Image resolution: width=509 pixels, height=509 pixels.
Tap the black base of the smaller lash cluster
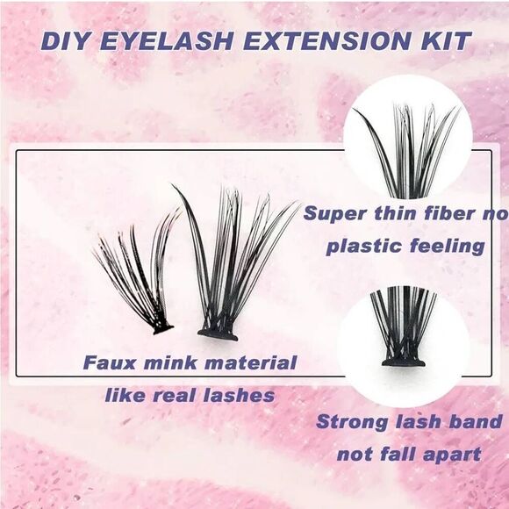pos(161,329)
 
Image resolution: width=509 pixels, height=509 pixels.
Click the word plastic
pos(361,246)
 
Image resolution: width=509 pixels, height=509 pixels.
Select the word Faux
pos(109,362)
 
